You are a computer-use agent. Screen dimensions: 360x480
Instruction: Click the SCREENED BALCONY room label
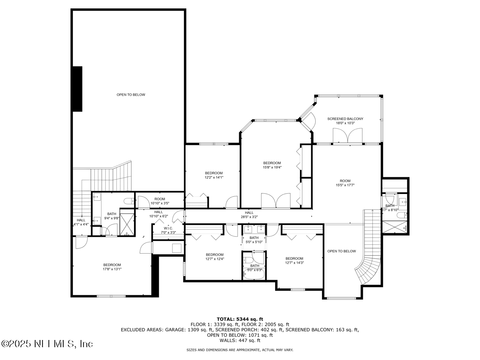(x=345, y=119)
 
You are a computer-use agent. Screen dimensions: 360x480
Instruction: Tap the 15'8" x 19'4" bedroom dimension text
(x=272, y=168)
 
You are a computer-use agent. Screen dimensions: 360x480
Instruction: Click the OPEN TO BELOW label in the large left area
(x=131, y=95)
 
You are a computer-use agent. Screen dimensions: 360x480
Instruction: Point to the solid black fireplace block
(x=77, y=89)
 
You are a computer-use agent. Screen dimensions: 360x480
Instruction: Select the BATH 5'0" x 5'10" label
(x=254, y=240)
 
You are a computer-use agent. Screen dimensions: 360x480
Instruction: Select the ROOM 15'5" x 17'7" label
(x=345, y=183)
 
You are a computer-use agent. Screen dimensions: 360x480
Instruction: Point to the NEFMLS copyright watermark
(x=47, y=344)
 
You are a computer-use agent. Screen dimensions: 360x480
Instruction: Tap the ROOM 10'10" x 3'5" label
(x=160, y=201)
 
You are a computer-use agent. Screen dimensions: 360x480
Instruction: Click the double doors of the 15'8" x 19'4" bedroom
(x=276, y=201)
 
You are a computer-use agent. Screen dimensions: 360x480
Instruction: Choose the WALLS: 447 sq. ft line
(x=240, y=340)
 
